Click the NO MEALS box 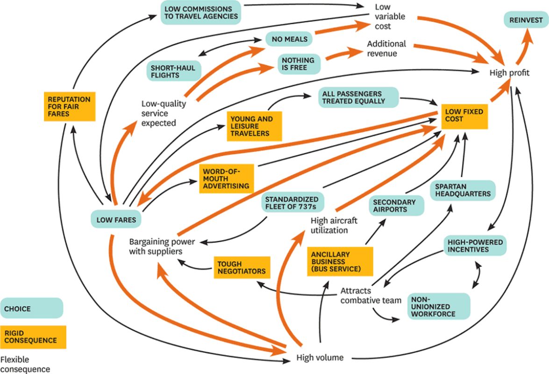click(x=290, y=39)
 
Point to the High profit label click(x=509, y=73)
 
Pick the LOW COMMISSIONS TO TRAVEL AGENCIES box click(x=201, y=13)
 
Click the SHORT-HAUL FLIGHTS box click(x=172, y=71)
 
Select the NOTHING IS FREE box click(x=298, y=64)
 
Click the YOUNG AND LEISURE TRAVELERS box click(x=255, y=126)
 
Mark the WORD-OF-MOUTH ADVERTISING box click(x=227, y=179)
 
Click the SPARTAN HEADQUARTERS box click(x=462, y=190)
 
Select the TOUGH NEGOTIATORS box click(x=241, y=267)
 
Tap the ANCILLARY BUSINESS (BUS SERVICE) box click(x=340, y=261)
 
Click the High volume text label click(x=320, y=358)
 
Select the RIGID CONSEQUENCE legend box click(x=33, y=337)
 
